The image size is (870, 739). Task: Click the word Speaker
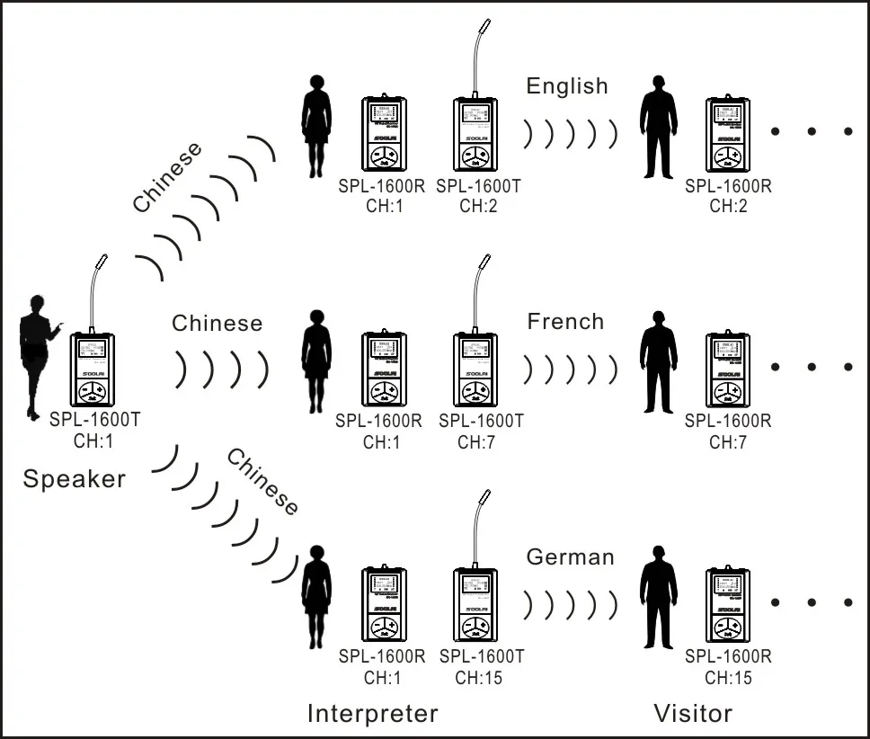click(x=74, y=478)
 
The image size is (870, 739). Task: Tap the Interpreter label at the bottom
click(x=372, y=713)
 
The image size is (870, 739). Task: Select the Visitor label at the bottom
click(x=692, y=713)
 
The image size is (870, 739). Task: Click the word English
click(x=567, y=86)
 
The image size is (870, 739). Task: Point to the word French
click(x=565, y=322)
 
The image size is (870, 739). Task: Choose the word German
click(x=570, y=557)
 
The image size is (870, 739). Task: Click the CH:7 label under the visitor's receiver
click(x=727, y=441)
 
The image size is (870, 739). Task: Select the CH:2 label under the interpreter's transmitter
click(x=477, y=206)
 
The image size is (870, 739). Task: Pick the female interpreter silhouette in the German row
click(x=316, y=597)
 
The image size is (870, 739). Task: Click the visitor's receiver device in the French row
click(x=727, y=369)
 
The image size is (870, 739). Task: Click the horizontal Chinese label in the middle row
click(x=217, y=323)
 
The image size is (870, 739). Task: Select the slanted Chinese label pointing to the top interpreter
click(x=168, y=177)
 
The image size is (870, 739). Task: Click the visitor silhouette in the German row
click(x=658, y=597)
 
